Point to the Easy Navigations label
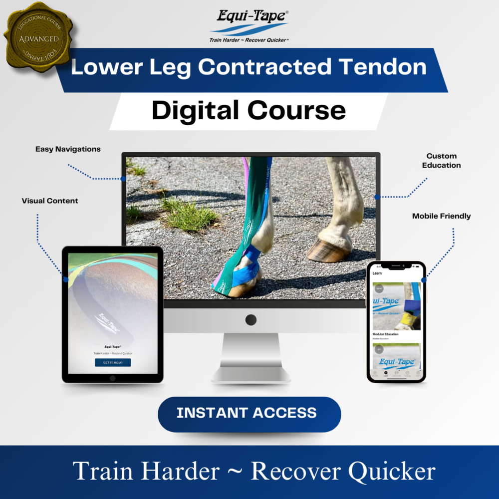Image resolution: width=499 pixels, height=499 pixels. pyautogui.click(x=68, y=149)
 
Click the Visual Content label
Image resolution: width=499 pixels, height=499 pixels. pyautogui.click(x=50, y=201)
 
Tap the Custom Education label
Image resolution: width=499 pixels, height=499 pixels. pyautogui.click(x=441, y=161)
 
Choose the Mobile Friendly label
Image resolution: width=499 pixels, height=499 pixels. pyautogui.click(x=441, y=216)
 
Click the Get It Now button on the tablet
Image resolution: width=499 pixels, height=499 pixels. pyautogui.click(x=113, y=362)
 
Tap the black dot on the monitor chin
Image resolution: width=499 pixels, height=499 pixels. pyautogui.click(x=251, y=320)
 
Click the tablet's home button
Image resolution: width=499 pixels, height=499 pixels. pyautogui.click(x=112, y=378)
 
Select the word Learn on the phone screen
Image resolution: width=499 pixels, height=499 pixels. pyautogui.click(x=377, y=273)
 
